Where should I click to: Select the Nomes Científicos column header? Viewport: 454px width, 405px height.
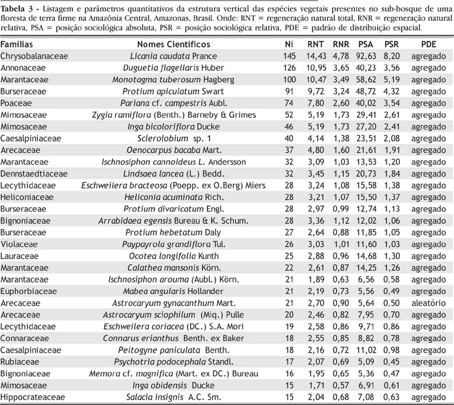tap(173, 44)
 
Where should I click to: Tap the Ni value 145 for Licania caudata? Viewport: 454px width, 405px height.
tap(289, 56)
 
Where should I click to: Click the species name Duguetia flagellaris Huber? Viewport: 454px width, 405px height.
tap(173, 68)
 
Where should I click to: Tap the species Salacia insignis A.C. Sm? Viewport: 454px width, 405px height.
tap(173, 397)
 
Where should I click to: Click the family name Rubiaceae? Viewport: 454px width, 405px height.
tap(18, 362)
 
